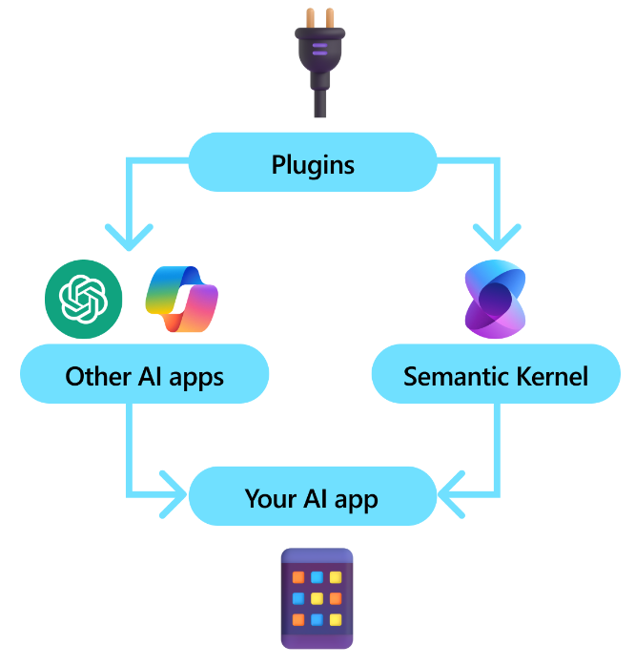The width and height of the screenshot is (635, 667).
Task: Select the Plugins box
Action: (313, 164)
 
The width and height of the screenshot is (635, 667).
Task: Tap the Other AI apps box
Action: (144, 375)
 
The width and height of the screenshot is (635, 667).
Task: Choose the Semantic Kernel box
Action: (496, 375)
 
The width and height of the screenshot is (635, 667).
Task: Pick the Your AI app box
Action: (312, 498)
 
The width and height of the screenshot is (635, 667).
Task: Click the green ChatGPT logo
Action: (84, 298)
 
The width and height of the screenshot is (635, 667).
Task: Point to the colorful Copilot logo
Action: (182, 299)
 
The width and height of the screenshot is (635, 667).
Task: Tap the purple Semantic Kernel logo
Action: (495, 298)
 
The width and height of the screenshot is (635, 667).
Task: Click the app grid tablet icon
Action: (317, 598)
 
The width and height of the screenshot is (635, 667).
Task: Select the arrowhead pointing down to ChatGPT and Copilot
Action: (128, 234)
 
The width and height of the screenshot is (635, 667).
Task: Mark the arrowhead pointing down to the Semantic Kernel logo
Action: (497, 234)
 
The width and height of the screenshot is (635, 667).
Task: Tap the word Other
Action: (95, 376)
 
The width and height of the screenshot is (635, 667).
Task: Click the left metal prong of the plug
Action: (306, 17)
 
